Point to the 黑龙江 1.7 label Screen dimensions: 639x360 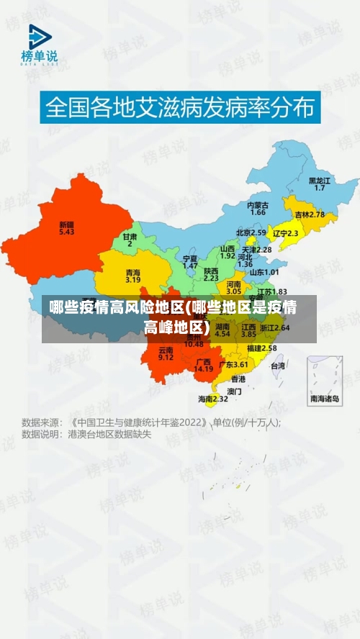click(x=320, y=183)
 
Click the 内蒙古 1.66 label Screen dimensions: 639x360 click(x=258, y=209)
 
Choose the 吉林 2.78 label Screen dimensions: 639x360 click(x=310, y=214)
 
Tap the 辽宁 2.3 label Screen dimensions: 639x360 click(x=285, y=233)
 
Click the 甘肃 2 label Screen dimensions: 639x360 click(x=130, y=240)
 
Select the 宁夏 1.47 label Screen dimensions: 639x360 click(x=190, y=262)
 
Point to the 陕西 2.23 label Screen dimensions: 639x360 click(x=211, y=274)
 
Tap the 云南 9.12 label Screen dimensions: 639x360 click(x=166, y=353)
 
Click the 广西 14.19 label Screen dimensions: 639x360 click(x=204, y=365)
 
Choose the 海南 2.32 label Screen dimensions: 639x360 click(x=213, y=398)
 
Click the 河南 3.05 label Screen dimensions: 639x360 click(x=234, y=288)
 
